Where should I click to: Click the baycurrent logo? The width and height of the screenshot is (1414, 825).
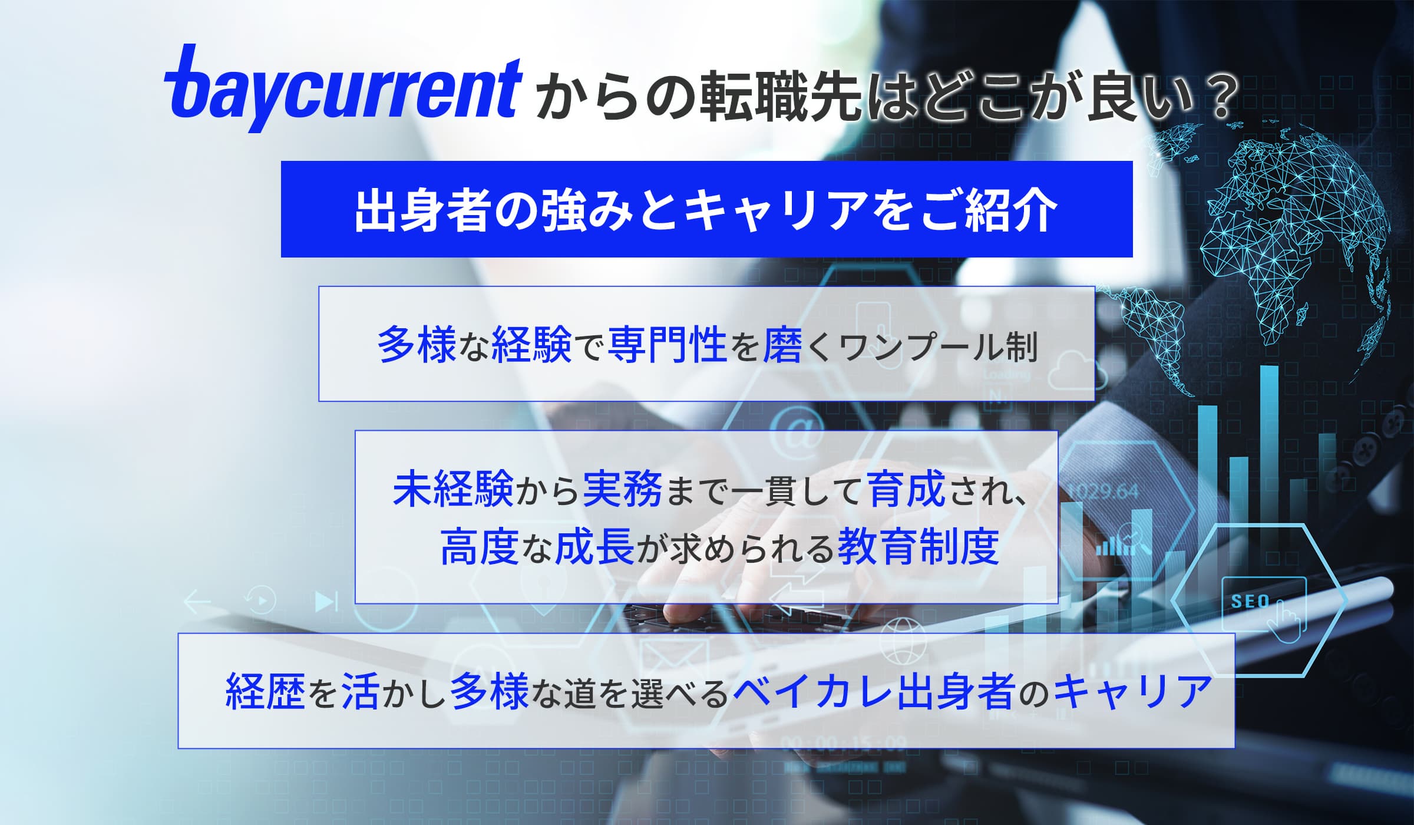pyautogui.click(x=343, y=88)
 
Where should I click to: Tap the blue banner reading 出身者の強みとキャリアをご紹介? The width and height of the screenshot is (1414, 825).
pyautogui.click(x=706, y=209)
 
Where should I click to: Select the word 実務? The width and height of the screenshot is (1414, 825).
pyautogui.click(x=622, y=489)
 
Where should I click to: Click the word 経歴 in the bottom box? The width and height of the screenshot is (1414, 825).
pyautogui.click(x=265, y=692)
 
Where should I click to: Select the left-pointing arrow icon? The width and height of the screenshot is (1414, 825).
pyautogui.click(x=197, y=602)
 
